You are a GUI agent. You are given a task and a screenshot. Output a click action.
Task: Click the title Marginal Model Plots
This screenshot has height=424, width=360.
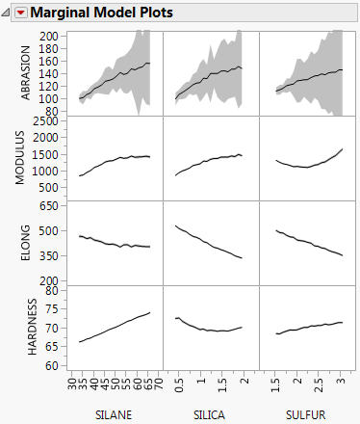coord(90,13)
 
